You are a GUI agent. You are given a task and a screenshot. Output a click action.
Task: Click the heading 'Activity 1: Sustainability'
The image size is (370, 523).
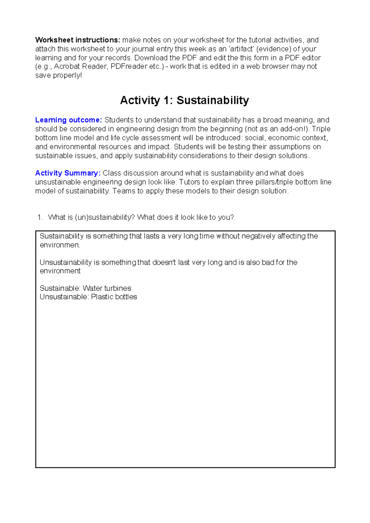pyautogui.click(x=184, y=100)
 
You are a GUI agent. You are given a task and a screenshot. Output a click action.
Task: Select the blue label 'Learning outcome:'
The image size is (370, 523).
pyautogui.click(x=68, y=120)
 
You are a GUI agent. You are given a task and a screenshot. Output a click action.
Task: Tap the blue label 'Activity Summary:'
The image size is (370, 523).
pyautogui.click(x=68, y=173)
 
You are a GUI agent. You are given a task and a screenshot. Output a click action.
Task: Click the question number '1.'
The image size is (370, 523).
pyautogui.click(x=40, y=218)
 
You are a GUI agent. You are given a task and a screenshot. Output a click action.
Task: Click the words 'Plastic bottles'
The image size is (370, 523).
pyautogui.click(x=114, y=297)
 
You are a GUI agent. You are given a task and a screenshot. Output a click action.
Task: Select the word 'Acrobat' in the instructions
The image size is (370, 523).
pyautogui.click(x=67, y=67)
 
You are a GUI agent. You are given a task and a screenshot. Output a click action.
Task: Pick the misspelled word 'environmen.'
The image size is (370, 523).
pyautogui.click(x=60, y=245)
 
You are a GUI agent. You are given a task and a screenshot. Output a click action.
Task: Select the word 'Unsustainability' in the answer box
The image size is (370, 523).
pyautogui.click(x=66, y=263)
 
